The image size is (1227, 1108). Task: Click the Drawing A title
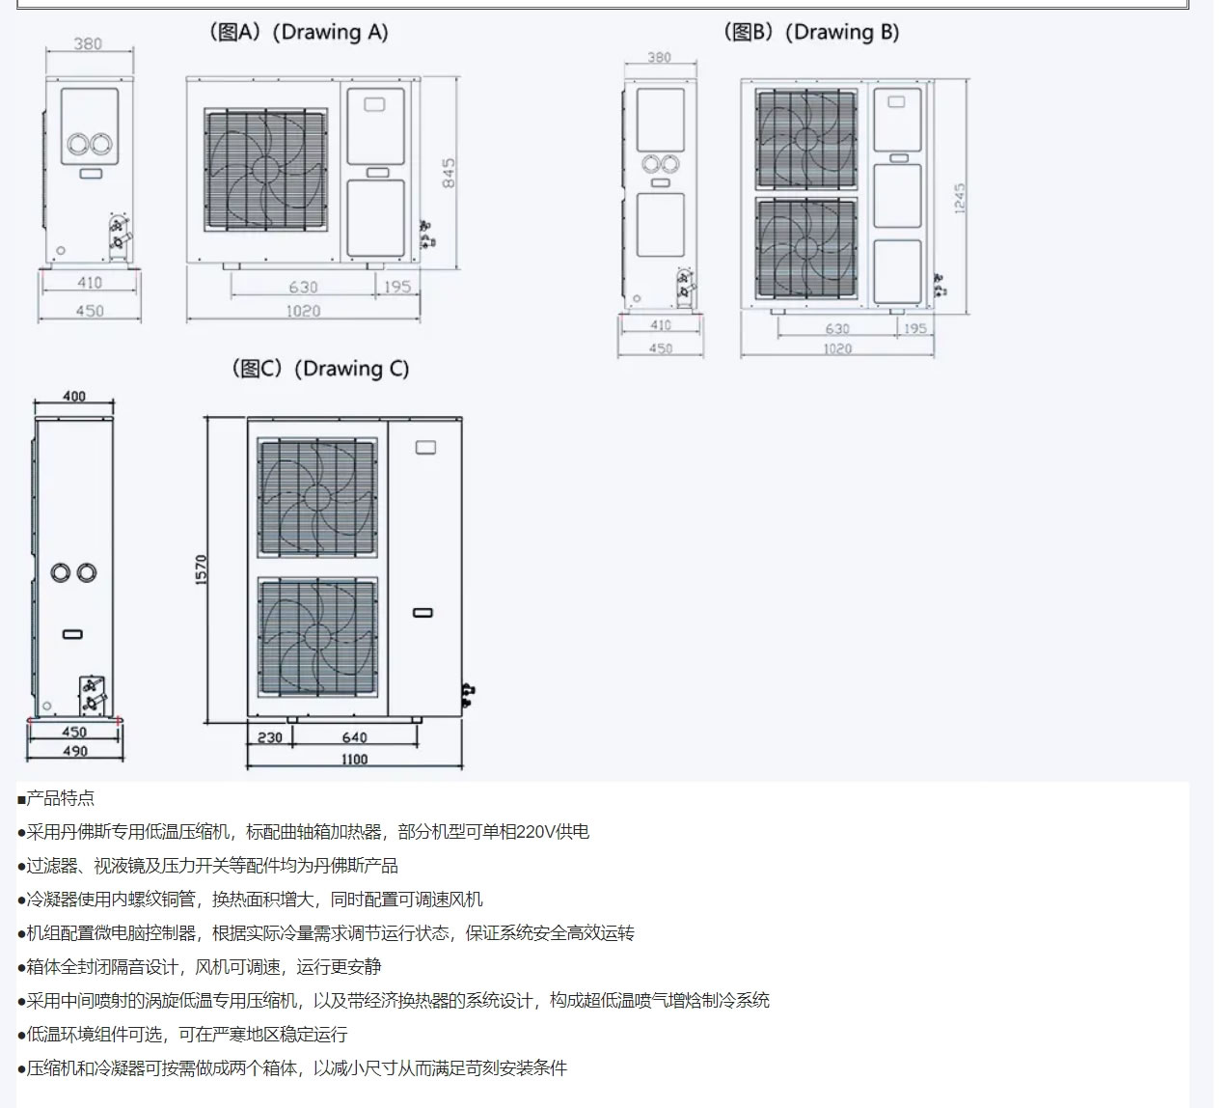(x=298, y=32)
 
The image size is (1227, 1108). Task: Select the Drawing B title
(x=811, y=32)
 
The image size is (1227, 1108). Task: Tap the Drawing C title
(x=320, y=369)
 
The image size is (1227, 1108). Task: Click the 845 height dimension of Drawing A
(x=449, y=173)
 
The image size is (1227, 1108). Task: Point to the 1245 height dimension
(x=959, y=198)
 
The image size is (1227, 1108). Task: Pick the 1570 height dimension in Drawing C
(x=201, y=569)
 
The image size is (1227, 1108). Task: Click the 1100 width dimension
(x=354, y=759)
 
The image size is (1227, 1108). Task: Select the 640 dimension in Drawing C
(x=354, y=737)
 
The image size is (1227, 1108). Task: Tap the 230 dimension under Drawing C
(x=270, y=737)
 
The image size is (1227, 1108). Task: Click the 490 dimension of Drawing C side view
(x=75, y=751)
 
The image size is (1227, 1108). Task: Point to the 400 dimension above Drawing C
(x=74, y=396)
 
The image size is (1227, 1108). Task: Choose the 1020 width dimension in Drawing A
(x=304, y=311)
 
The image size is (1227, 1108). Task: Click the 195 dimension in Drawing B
(x=915, y=329)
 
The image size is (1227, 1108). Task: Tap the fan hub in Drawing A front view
(x=265, y=170)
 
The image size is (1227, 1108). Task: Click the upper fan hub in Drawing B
(x=805, y=140)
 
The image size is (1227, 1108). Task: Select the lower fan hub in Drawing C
(x=317, y=637)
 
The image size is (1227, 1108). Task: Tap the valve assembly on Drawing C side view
(x=93, y=695)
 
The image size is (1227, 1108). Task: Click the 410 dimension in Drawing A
(x=90, y=283)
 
